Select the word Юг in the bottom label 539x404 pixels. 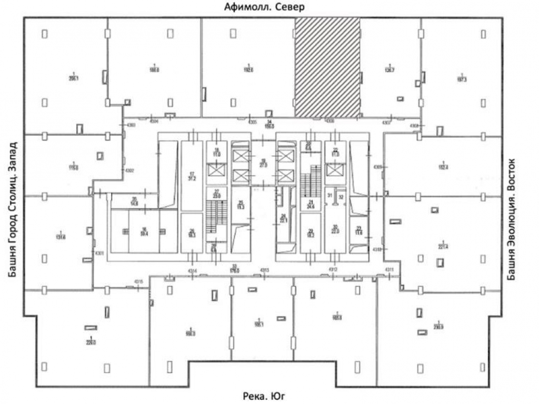point(284,395)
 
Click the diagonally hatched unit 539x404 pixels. point(327,67)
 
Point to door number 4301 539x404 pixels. point(99,254)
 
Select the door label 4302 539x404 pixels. point(129,170)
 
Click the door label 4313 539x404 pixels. point(265,270)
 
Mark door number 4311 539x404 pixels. point(390,270)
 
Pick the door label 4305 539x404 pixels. point(253,122)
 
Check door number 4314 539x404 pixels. point(193,270)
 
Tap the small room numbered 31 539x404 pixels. point(330,195)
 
